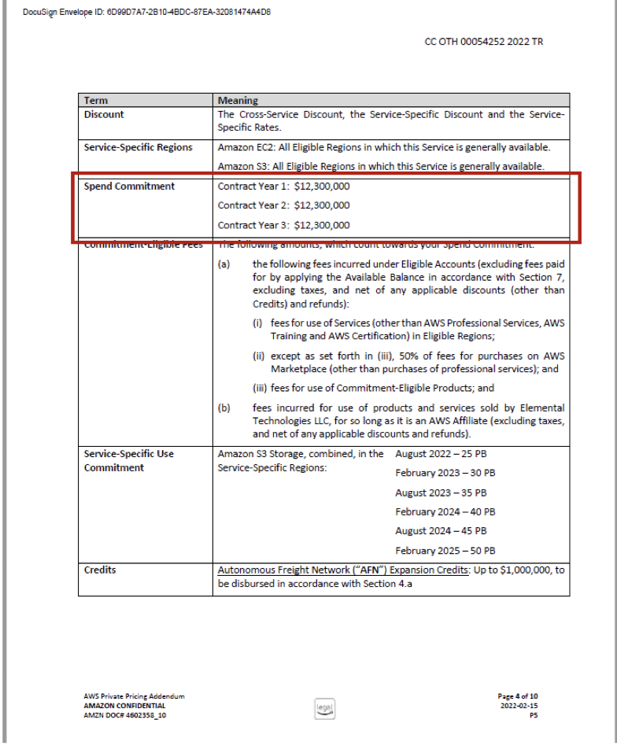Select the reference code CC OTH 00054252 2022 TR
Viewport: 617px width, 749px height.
483,42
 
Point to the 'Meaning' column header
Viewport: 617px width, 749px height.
238,101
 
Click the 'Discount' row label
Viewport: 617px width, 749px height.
104,115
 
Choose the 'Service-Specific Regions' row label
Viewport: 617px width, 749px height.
138,147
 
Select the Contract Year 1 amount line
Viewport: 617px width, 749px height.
283,186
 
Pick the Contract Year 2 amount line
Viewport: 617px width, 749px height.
283,206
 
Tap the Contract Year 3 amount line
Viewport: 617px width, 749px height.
283,226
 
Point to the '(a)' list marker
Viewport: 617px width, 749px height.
224,264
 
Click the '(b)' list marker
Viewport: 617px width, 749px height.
224,408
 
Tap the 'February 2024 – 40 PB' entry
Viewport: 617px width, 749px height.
445,512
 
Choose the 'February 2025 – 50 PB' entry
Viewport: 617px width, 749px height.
445,551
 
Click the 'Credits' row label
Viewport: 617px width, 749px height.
100,570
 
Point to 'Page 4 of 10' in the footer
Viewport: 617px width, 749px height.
518,696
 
